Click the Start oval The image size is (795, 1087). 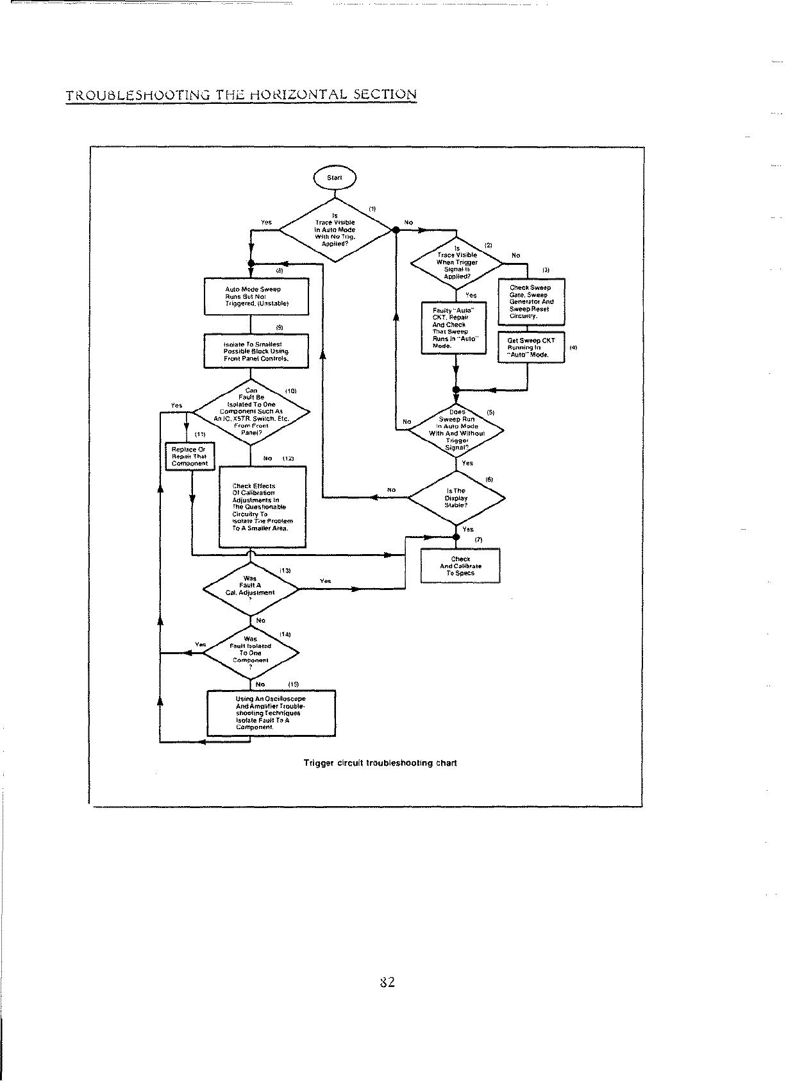point(334,178)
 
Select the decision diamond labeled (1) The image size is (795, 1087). point(335,230)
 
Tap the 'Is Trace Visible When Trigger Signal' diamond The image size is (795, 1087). point(456,262)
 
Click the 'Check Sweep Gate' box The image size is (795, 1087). point(531,301)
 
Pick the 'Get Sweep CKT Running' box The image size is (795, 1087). point(531,347)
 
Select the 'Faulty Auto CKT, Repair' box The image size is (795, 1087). point(454,328)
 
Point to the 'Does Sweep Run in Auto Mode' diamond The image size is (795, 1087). point(456,429)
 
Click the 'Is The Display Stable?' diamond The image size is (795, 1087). point(456,498)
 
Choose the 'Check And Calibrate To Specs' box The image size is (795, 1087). point(460,566)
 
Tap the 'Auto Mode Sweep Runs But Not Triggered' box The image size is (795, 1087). point(256,296)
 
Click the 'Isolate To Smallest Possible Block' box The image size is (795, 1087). point(256,351)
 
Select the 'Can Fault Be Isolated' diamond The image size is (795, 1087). point(251,412)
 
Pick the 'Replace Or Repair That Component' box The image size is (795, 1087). point(190,456)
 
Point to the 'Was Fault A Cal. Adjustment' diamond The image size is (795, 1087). point(251,589)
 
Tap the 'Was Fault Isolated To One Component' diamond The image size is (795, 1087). point(251,653)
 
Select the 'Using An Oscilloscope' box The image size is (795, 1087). point(271,713)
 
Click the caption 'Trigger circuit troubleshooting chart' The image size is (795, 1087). point(380,763)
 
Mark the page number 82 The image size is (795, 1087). point(387,982)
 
